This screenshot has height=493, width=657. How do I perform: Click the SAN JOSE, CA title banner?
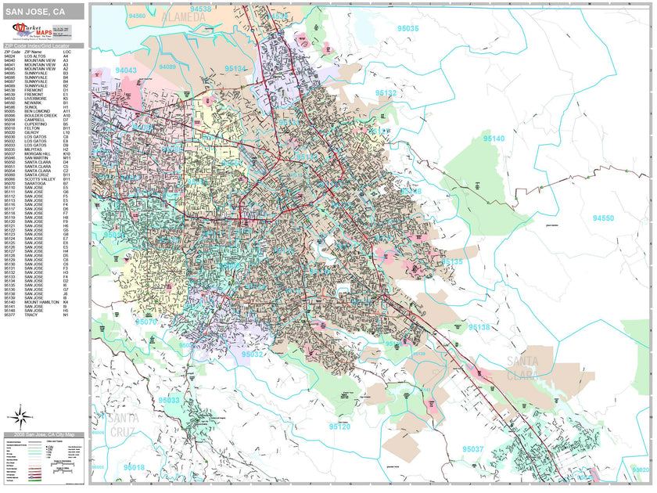click(43, 12)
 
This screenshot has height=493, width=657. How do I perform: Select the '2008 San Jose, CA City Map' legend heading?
click(43, 434)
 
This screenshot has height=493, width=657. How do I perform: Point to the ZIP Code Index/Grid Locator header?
click(43, 47)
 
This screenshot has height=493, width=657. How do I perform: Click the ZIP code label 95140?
click(494, 139)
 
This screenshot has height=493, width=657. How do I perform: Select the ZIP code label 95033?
click(168, 400)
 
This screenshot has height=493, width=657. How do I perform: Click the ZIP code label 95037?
click(472, 449)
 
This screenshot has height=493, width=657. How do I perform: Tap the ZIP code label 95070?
click(145, 322)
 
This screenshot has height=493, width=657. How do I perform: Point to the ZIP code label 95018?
click(134, 467)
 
